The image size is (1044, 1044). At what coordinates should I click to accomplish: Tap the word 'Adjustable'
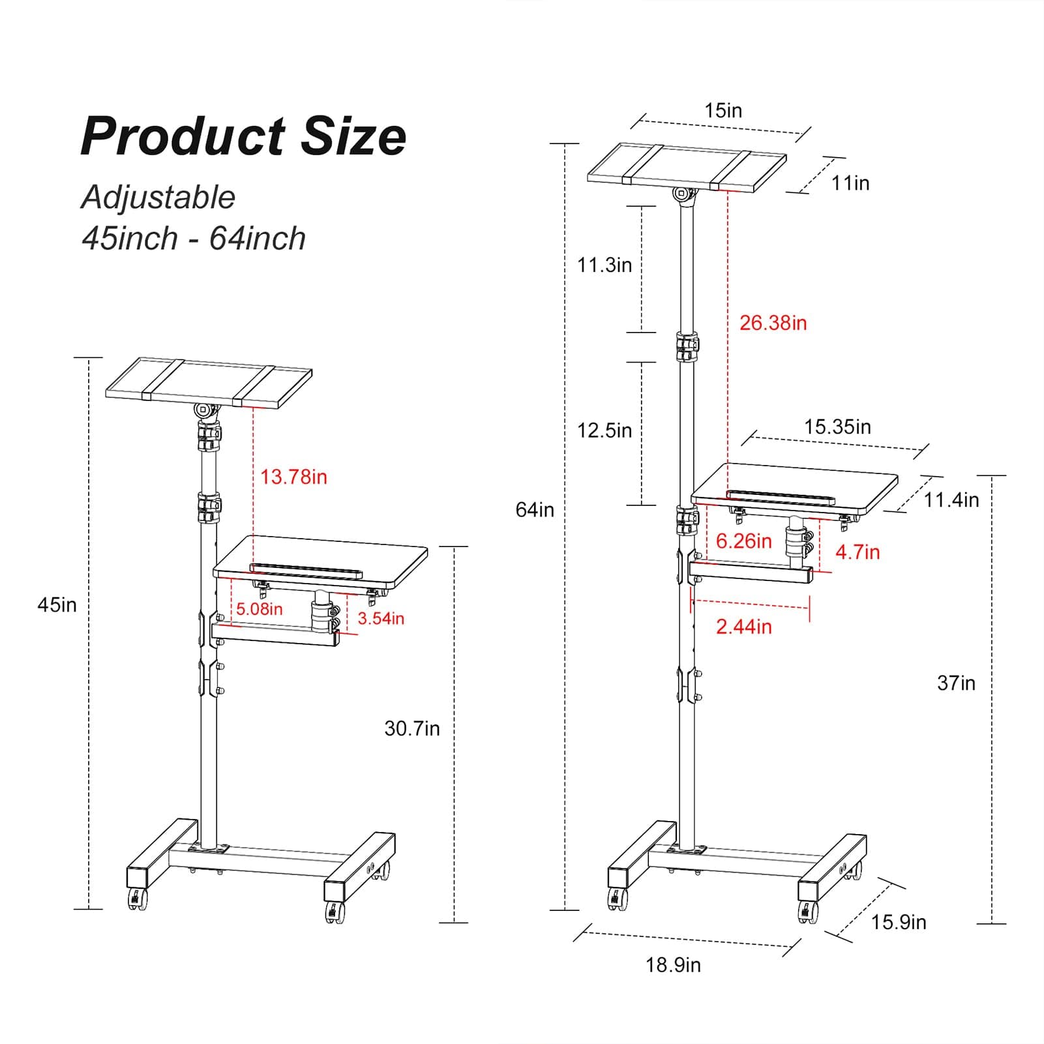click(x=158, y=197)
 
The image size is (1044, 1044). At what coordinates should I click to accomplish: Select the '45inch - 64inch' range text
click(x=194, y=238)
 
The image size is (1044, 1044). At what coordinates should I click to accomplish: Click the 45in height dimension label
click(x=57, y=604)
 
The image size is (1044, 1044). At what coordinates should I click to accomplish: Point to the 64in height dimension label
click(x=535, y=509)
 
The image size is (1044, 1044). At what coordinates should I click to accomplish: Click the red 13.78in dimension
click(x=293, y=477)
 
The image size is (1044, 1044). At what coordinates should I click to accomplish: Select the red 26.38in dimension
click(x=773, y=323)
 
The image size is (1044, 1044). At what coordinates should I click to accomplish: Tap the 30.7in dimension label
click(x=411, y=728)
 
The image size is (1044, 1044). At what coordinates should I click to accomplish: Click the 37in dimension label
click(x=956, y=683)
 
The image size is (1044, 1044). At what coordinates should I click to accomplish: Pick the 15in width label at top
click(x=723, y=110)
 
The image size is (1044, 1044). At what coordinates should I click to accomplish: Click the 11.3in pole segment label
click(x=604, y=265)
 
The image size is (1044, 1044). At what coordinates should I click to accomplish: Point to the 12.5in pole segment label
click(x=604, y=430)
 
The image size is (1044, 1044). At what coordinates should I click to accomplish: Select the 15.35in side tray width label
click(x=837, y=427)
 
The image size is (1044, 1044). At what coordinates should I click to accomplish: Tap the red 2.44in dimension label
click(x=743, y=627)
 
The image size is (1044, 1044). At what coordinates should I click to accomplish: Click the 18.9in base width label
click(x=673, y=964)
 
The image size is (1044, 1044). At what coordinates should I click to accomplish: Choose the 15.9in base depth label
click(x=898, y=922)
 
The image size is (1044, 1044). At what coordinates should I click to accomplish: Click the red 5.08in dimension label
click(x=259, y=609)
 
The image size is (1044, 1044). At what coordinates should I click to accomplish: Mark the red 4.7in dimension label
click(x=858, y=552)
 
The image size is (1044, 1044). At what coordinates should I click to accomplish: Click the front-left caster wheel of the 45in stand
click(x=138, y=900)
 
